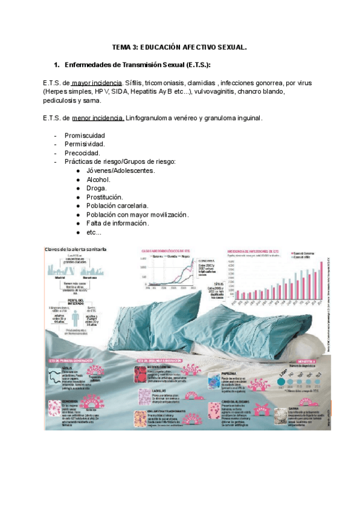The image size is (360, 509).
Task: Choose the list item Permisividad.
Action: [85, 144]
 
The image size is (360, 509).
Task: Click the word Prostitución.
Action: [104, 197]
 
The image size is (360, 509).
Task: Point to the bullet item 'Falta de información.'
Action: [118, 223]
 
